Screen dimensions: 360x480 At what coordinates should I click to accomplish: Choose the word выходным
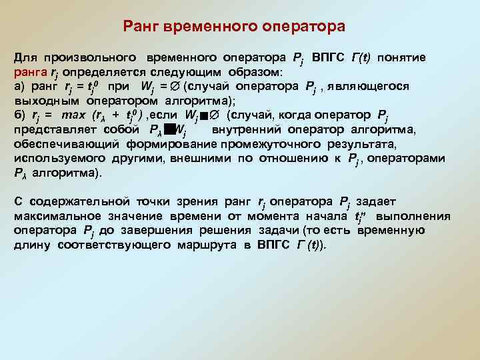click(x=46, y=101)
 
